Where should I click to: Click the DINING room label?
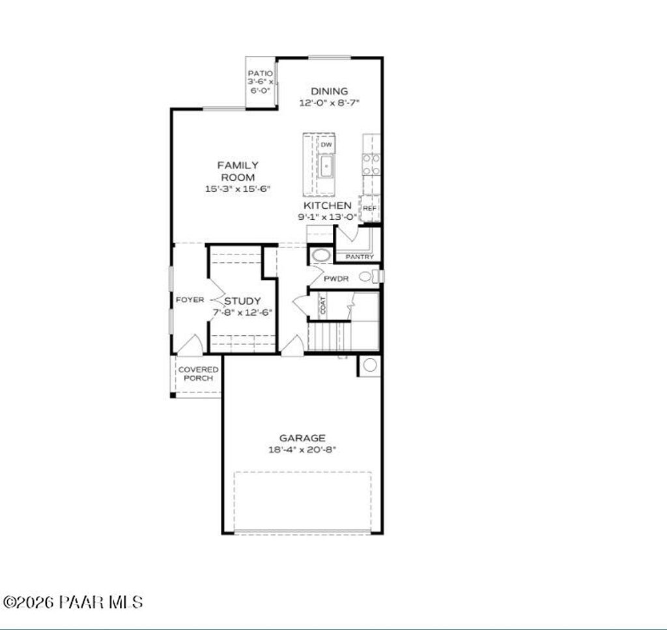point(329,91)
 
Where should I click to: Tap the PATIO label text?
point(260,74)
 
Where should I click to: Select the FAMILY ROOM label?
point(237,171)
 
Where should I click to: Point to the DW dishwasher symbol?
point(327,144)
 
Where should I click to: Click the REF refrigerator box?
point(369,208)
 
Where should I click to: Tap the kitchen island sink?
point(326,167)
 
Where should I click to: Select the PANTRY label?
point(360,257)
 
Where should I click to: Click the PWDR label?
point(337,279)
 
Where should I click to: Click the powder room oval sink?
point(320,254)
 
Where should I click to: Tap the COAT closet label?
point(322,305)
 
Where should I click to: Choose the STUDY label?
point(242,301)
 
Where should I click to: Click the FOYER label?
point(190,300)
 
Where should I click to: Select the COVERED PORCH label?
point(199,374)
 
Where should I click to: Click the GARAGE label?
point(302,438)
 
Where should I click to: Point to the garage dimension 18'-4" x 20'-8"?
point(302,449)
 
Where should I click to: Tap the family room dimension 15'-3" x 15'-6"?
point(237,189)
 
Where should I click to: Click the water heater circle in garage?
point(369,365)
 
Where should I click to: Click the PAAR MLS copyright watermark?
point(73,602)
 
